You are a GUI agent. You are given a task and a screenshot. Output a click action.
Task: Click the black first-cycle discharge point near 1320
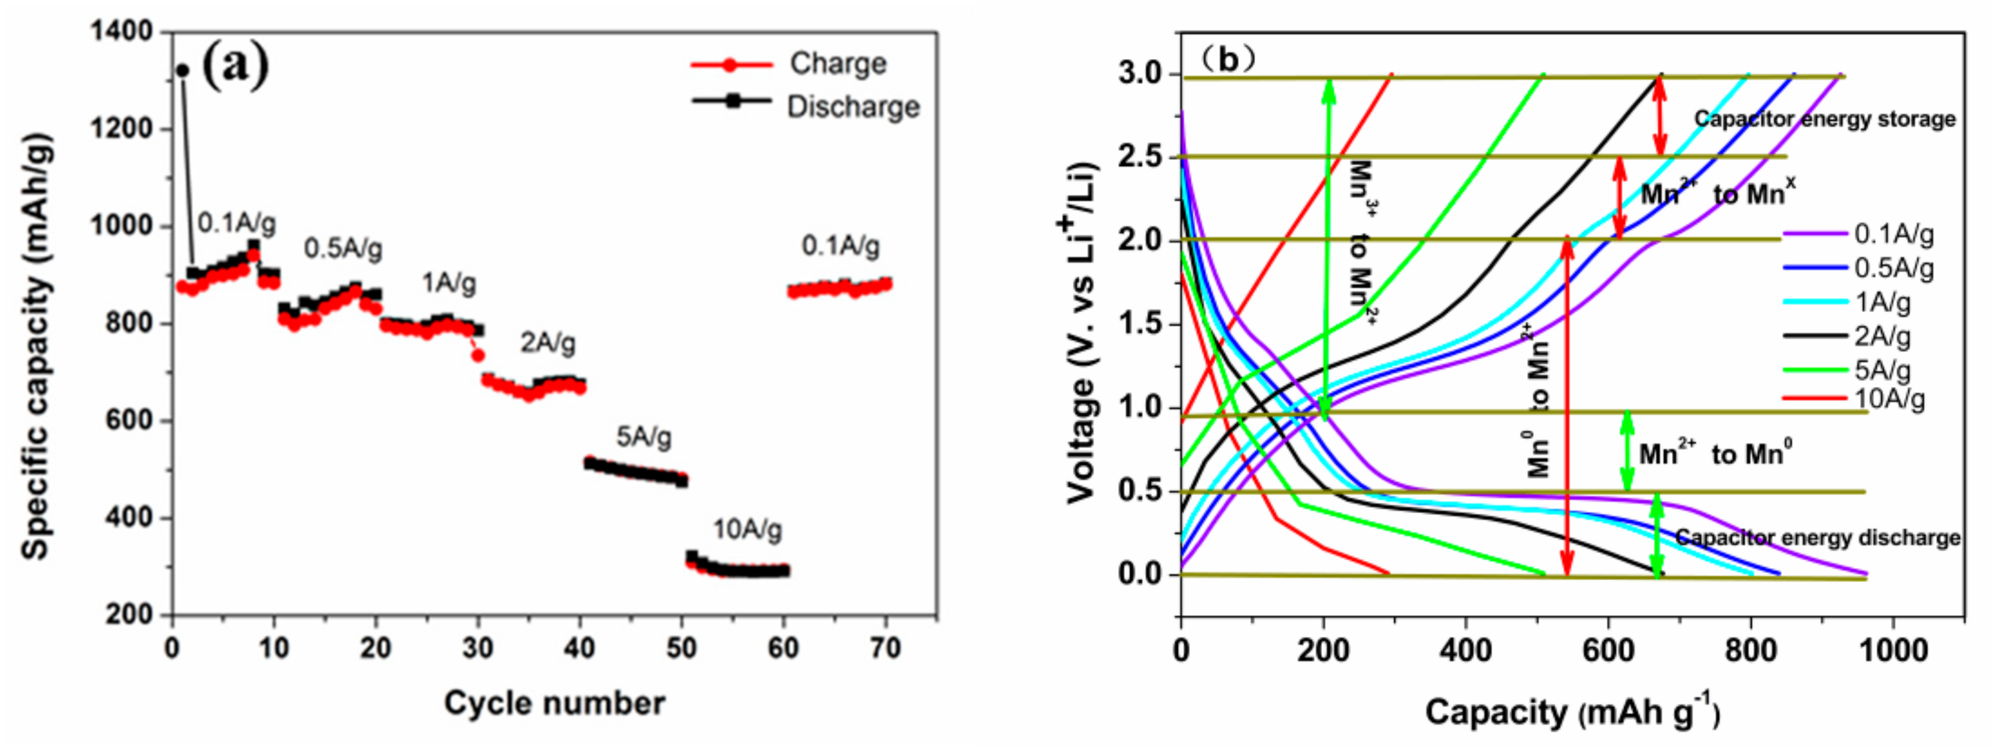(183, 70)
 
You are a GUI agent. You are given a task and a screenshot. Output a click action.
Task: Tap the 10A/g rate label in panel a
(747, 530)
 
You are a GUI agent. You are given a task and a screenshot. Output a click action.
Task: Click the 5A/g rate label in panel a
(643, 437)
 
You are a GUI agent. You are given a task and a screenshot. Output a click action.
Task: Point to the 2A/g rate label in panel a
(548, 342)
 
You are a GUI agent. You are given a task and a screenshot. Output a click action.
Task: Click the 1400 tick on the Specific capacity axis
(122, 32)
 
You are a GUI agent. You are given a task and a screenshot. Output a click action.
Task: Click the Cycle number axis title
(554, 704)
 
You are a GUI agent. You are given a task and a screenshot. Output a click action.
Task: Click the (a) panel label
(235, 66)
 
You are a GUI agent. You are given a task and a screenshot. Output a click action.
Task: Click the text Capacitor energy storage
(1824, 119)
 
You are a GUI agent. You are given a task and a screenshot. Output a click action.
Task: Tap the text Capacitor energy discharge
(1817, 538)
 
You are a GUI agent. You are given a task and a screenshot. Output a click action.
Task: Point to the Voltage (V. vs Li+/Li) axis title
(1082, 333)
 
